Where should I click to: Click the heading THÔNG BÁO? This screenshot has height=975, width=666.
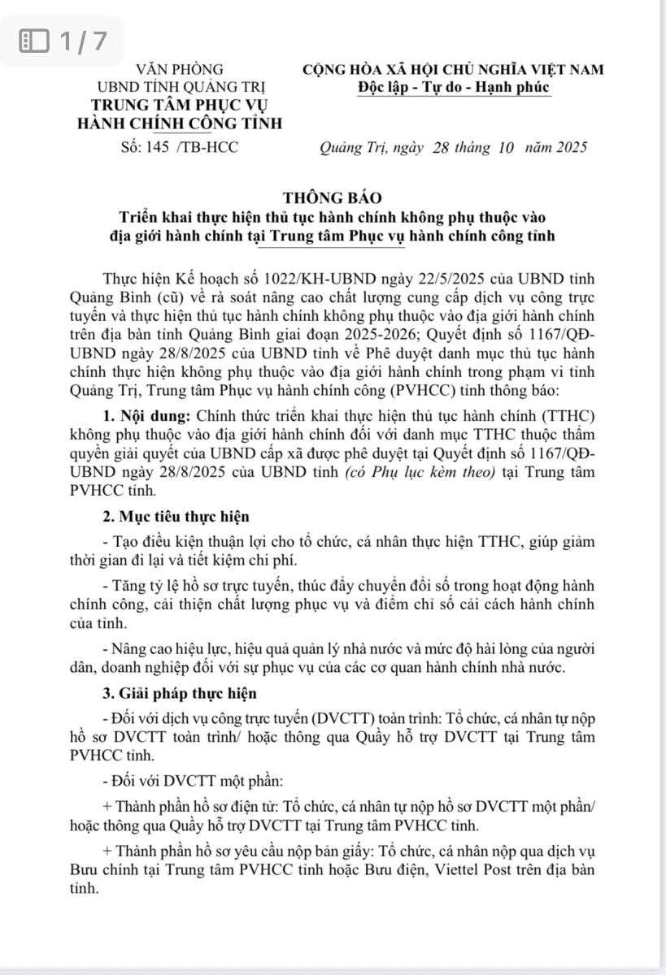pos(332,197)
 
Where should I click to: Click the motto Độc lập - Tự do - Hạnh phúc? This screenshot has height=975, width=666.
pos(453,87)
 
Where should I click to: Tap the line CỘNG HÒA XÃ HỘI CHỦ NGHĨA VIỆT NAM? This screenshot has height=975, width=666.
pos(453,70)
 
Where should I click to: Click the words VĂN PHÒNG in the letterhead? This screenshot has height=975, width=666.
pos(180,70)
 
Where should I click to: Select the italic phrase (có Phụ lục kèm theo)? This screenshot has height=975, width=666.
pos(429,474)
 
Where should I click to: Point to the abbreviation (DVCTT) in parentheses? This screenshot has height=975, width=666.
pos(342,717)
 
